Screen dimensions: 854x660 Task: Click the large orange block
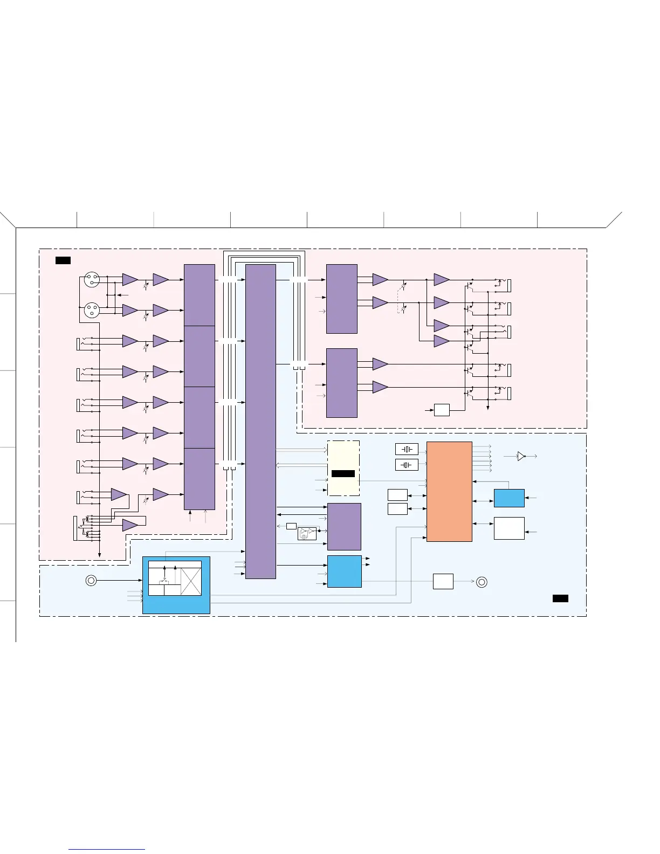(449, 491)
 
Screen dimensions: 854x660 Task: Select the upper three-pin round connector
(92, 280)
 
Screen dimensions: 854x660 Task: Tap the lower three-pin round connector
(92, 311)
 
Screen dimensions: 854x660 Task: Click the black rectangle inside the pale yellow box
(343, 473)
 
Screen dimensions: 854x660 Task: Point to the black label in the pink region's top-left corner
(63, 261)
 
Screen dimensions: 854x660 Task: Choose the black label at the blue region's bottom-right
(560, 598)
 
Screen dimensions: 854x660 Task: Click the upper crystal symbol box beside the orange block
(407, 449)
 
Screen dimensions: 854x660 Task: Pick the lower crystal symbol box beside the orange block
(407, 465)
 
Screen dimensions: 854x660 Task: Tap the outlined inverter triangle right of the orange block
(521, 456)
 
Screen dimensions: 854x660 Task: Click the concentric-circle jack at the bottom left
(92, 581)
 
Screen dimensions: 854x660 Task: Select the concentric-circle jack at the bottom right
(482, 582)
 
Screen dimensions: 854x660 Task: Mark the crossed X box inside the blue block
(191, 582)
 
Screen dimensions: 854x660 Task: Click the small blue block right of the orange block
(509, 498)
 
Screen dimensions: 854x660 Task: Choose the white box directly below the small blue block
(509, 528)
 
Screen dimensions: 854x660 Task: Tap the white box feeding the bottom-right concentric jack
(443, 582)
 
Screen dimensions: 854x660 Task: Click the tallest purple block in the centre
(260, 421)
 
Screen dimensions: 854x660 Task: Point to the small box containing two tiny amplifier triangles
(307, 534)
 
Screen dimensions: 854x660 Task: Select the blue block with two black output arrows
(344, 571)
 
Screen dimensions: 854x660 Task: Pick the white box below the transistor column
(442, 410)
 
